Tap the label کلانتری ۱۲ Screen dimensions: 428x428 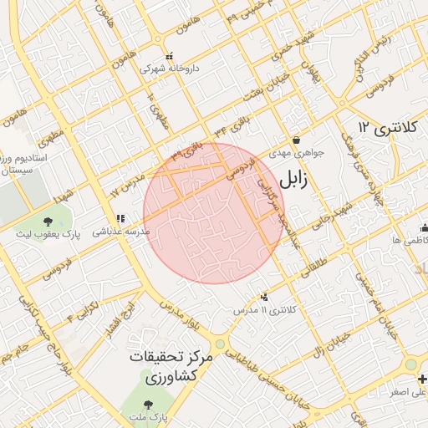385,127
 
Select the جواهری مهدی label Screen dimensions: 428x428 296,154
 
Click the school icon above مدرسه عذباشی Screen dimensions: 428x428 120,218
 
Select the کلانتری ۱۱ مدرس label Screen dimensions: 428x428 265,309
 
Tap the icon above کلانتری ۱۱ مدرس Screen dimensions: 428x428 265,297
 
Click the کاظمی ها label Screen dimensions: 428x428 409,240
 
